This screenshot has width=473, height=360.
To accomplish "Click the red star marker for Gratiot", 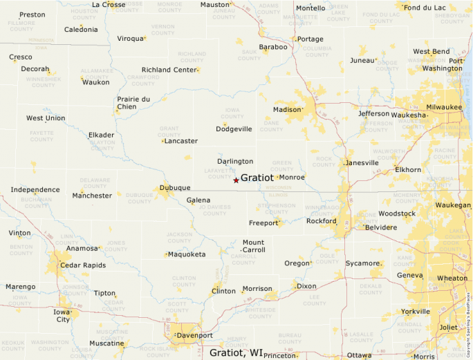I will click(x=236, y=180).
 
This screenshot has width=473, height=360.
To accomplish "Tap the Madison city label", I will click(x=287, y=110).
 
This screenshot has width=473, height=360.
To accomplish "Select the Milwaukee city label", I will click(x=444, y=107).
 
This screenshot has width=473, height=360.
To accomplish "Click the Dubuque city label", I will click(x=174, y=187).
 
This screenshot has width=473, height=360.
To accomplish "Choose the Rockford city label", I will click(x=321, y=221).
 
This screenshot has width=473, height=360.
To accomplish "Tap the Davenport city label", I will click(x=194, y=336).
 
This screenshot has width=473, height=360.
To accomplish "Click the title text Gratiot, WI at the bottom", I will click(x=236, y=352).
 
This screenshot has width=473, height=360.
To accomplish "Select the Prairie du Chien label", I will click(x=133, y=103).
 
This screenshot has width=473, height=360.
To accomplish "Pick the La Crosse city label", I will click(x=109, y=4).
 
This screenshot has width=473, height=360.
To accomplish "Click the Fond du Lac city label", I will click(x=425, y=8).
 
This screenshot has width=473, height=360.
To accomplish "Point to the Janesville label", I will click(x=362, y=163).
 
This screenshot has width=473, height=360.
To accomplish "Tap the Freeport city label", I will click(x=263, y=222).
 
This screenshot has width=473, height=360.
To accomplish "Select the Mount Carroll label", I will click(x=253, y=246).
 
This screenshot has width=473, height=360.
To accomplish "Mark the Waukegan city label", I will click(x=453, y=205).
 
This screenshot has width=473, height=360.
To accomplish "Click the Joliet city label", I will click(x=449, y=327).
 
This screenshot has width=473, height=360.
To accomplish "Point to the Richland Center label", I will click(x=169, y=70).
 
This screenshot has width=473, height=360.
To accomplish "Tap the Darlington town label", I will click(x=235, y=161).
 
